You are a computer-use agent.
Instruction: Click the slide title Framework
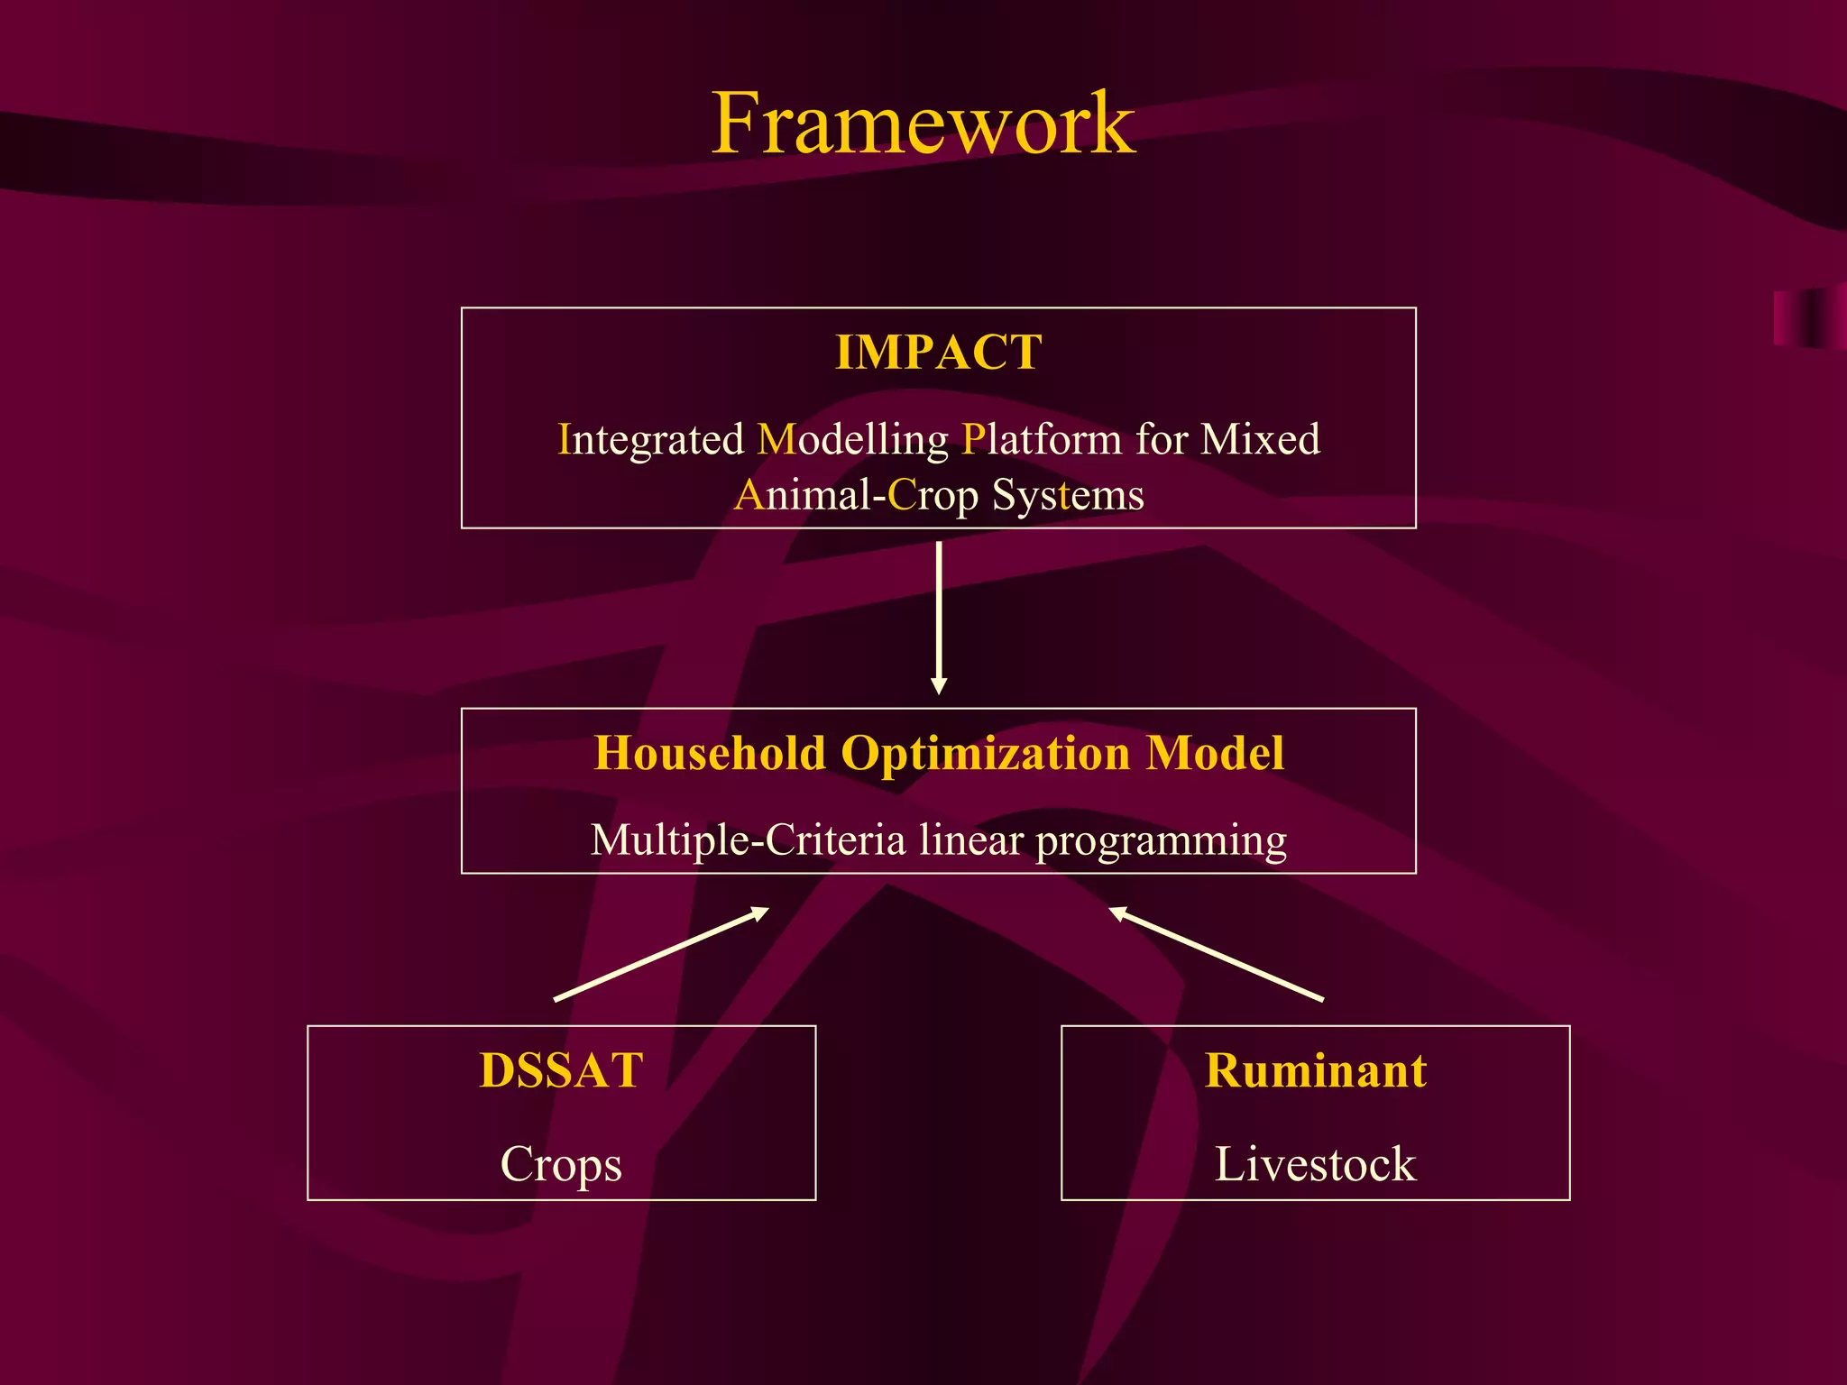tap(923, 124)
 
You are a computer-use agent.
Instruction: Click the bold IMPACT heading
tap(938, 352)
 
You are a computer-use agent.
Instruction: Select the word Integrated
tap(650, 440)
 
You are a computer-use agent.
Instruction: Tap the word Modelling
tap(852, 440)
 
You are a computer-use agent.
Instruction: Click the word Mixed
tap(1260, 440)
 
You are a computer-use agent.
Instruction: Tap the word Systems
tap(1068, 495)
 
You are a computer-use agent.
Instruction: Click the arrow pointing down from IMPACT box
tap(939, 618)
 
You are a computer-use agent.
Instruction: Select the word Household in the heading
tap(710, 753)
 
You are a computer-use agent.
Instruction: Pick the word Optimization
tap(985, 753)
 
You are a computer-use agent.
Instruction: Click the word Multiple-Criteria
tap(748, 839)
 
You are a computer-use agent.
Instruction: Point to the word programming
tap(1161, 841)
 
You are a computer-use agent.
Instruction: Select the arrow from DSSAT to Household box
tap(661, 954)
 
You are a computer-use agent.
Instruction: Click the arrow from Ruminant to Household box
tap(1216, 954)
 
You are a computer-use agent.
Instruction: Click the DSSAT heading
tap(561, 1071)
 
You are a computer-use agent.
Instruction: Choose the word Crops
tap(561, 1164)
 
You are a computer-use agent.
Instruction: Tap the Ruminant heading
tap(1315, 1071)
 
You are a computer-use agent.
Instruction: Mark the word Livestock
tap(1315, 1164)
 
